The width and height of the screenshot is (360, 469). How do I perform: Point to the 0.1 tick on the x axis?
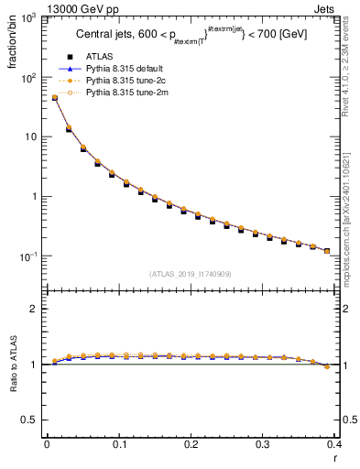(118, 444)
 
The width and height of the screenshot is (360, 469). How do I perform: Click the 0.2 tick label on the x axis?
(191, 444)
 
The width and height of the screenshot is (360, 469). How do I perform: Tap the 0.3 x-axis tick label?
(263, 444)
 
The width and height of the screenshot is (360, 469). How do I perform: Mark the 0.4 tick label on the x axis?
(334, 444)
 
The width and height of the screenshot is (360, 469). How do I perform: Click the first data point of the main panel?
(54, 98)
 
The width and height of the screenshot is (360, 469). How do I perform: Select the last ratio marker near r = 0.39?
(327, 366)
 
